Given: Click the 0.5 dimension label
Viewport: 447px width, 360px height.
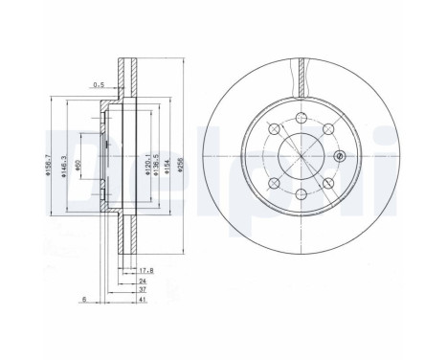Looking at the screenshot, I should click(99, 84).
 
